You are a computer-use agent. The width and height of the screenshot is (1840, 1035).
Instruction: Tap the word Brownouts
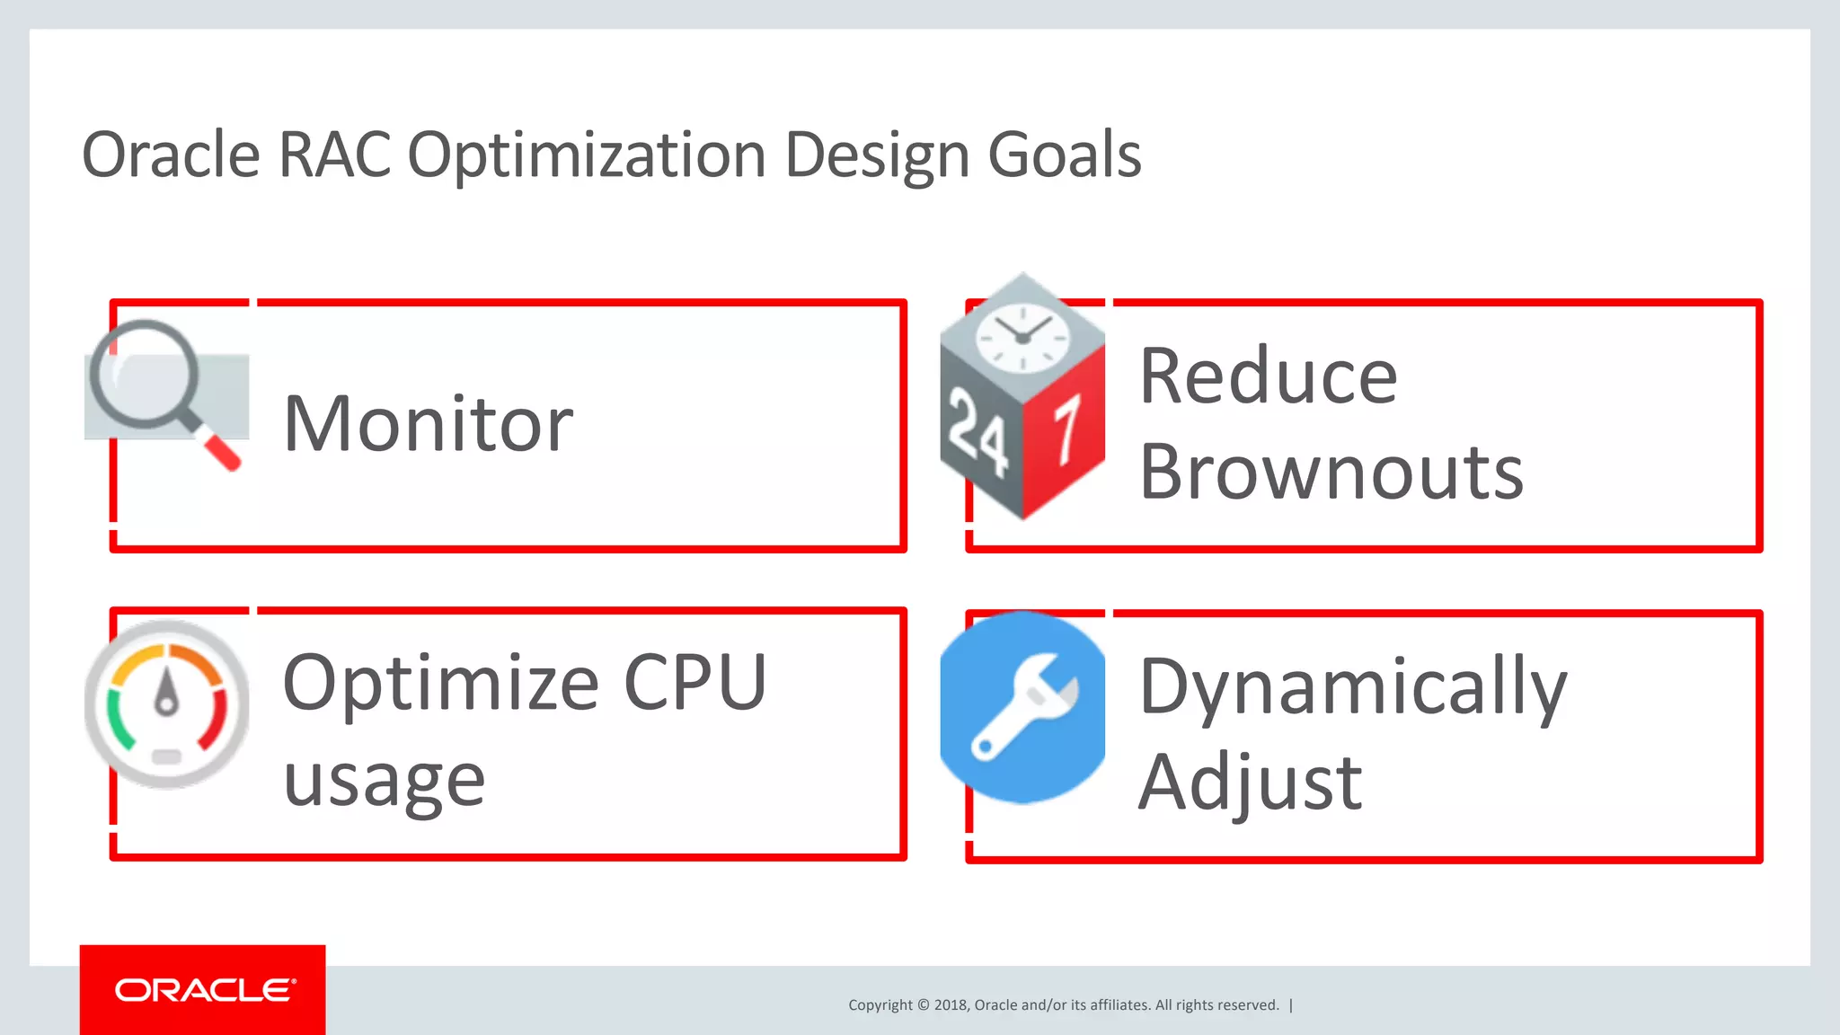1331,473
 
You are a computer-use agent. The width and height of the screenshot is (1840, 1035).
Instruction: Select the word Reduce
1268,376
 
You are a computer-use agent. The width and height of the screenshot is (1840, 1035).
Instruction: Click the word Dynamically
1352,687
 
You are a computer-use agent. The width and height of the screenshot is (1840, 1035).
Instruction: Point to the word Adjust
1250,783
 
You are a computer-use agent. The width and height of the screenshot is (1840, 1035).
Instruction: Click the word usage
384,780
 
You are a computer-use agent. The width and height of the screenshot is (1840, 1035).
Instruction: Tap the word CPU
694,683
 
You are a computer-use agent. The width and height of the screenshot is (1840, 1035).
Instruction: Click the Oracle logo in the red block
204,990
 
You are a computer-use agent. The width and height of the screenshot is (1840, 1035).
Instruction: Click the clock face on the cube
1022,338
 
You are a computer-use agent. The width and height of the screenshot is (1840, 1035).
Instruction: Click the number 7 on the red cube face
1066,431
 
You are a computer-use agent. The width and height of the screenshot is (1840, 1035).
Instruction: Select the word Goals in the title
1064,155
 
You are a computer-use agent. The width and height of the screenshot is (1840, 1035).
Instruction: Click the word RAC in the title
334,155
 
